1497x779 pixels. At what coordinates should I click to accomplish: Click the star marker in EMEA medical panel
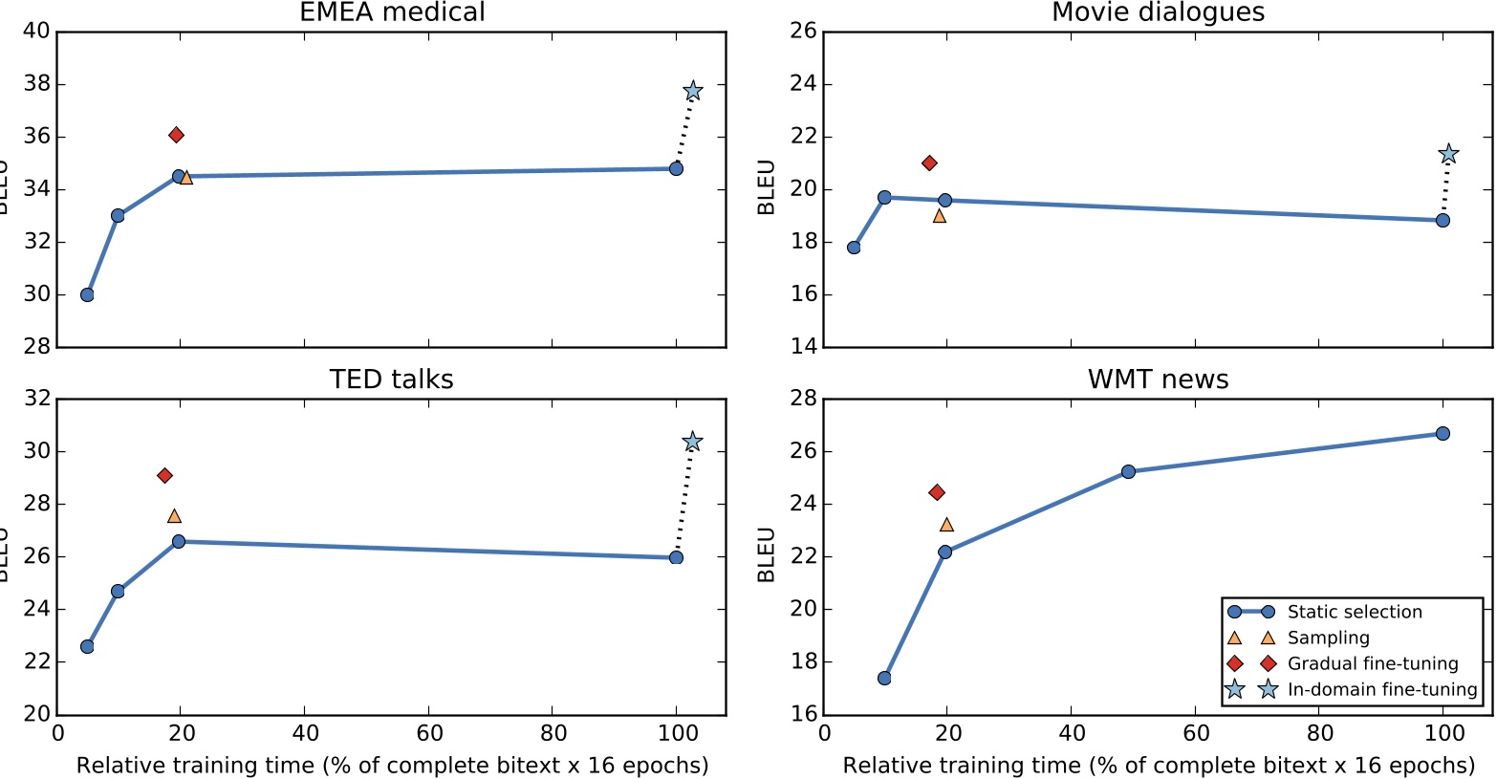(x=693, y=91)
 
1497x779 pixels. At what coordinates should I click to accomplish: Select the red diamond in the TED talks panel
(x=164, y=475)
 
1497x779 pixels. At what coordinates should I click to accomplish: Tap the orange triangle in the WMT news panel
(x=946, y=524)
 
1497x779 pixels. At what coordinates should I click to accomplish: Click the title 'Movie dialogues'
(x=1158, y=12)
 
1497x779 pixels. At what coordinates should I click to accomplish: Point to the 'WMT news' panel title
(x=1158, y=379)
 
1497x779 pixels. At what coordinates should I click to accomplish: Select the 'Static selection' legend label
(x=1354, y=612)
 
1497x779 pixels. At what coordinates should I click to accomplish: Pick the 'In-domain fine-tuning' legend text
(x=1381, y=689)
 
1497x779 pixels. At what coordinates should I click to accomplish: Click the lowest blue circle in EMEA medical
(x=87, y=294)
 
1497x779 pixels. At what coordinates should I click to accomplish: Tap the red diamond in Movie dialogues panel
(x=929, y=162)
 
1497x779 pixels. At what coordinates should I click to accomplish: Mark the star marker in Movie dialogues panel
(x=1448, y=154)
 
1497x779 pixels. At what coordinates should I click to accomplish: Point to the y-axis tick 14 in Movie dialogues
(x=803, y=347)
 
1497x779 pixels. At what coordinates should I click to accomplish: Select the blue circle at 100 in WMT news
(x=1443, y=433)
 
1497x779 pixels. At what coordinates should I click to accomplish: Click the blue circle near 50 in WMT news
(x=1128, y=471)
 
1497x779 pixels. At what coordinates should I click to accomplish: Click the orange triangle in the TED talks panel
(x=174, y=515)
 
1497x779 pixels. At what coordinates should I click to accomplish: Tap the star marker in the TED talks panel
(x=693, y=442)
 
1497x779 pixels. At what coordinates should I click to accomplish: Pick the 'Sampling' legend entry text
(x=1328, y=638)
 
